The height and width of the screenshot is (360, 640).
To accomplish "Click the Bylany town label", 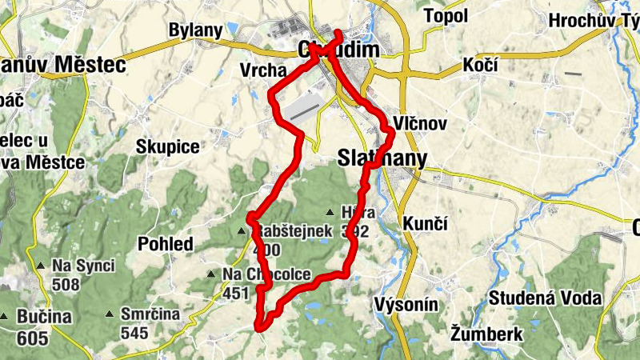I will (x=195, y=30).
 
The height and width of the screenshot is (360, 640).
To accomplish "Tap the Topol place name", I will (x=446, y=15).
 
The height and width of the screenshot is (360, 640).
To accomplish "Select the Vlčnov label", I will (x=420, y=124).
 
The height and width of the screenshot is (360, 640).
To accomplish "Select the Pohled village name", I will (x=166, y=244).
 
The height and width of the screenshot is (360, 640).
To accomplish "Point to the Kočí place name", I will (x=479, y=66).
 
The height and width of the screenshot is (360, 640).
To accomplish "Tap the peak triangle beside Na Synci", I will (x=40, y=266).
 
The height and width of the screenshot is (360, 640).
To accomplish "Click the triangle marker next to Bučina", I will (x=6, y=317).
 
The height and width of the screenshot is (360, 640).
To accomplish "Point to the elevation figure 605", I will (x=32, y=338).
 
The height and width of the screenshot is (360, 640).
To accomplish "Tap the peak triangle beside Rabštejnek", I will (x=242, y=232).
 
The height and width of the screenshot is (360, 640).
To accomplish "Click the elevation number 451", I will (x=236, y=294).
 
